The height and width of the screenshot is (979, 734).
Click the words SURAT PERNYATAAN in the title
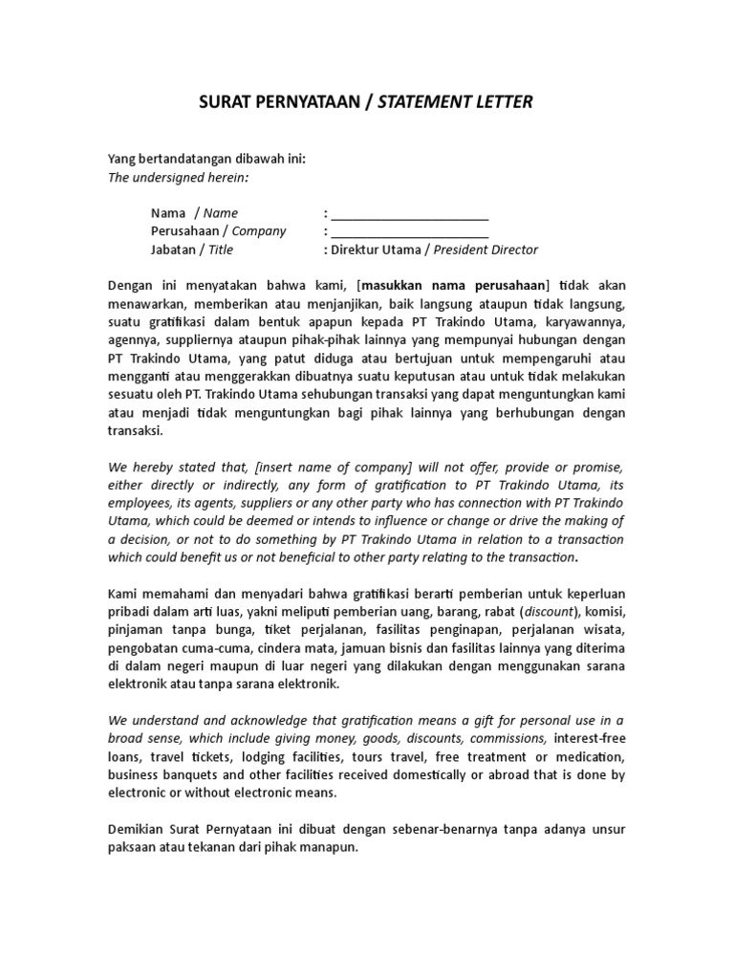coord(263,102)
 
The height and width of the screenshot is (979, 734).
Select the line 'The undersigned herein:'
coord(177,177)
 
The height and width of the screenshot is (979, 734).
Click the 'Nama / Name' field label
coord(194,213)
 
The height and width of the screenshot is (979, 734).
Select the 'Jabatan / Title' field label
coord(191,250)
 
